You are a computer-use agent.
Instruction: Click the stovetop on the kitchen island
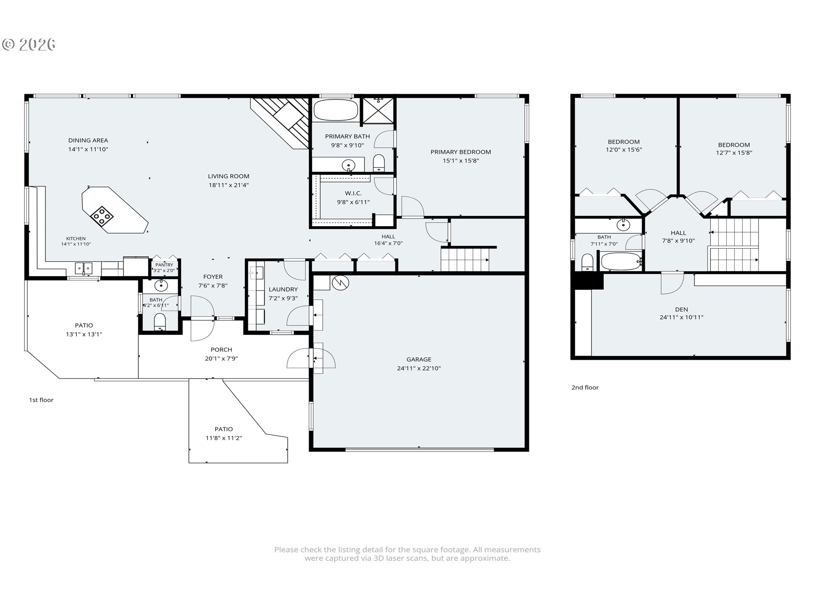coord(102,216)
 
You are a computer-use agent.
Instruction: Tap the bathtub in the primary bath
coord(336,110)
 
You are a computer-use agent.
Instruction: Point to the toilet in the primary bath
coord(379,163)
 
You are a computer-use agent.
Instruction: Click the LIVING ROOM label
coord(228,176)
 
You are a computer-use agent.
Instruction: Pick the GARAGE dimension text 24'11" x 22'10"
coord(419,368)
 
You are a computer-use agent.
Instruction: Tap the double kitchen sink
coord(84,268)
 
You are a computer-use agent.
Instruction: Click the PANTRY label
coord(164,265)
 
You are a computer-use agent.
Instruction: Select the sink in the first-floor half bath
coord(161,286)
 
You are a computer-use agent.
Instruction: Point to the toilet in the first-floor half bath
coord(160,321)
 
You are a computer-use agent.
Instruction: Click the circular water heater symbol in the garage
coord(340,283)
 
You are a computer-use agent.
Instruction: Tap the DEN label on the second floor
coord(681,309)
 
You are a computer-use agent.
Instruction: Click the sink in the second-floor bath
coord(623,224)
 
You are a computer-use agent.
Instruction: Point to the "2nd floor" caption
coord(585,387)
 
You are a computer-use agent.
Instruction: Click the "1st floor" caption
coord(41,400)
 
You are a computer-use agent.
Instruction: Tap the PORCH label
coord(221,350)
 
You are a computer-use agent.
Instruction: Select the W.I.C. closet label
coord(353,193)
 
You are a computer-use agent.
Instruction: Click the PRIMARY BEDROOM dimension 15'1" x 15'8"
coord(461,161)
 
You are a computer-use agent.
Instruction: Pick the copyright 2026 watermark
coord(29,45)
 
